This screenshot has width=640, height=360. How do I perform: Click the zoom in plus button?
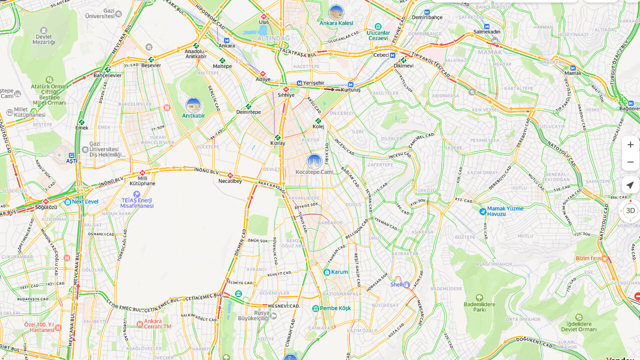tap(630, 144)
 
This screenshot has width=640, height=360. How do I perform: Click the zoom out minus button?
tap(630, 162)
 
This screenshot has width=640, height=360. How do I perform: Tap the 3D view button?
tap(630, 210)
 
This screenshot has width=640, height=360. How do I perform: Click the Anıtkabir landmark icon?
tap(193, 105)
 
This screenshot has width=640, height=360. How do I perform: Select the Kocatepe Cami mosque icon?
tap(314, 161)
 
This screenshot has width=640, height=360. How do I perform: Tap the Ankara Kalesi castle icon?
tap(336, 12)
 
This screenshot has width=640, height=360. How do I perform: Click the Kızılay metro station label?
tap(277, 143)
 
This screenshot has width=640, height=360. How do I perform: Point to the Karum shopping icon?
tap(327, 272)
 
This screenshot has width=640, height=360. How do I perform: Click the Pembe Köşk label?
tap(335, 308)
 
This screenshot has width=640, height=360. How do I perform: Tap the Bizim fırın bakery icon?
tap(605, 258)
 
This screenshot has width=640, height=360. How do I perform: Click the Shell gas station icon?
tap(406, 284)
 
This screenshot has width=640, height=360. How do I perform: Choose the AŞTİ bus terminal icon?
tap(71, 155)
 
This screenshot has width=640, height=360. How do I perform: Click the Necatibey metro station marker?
tap(230, 175)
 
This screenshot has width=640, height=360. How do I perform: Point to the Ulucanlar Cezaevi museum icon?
tap(378, 26)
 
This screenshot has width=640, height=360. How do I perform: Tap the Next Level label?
tap(85, 201)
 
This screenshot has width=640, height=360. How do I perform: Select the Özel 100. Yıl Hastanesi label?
tap(39, 327)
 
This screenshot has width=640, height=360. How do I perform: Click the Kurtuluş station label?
tap(350, 89)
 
